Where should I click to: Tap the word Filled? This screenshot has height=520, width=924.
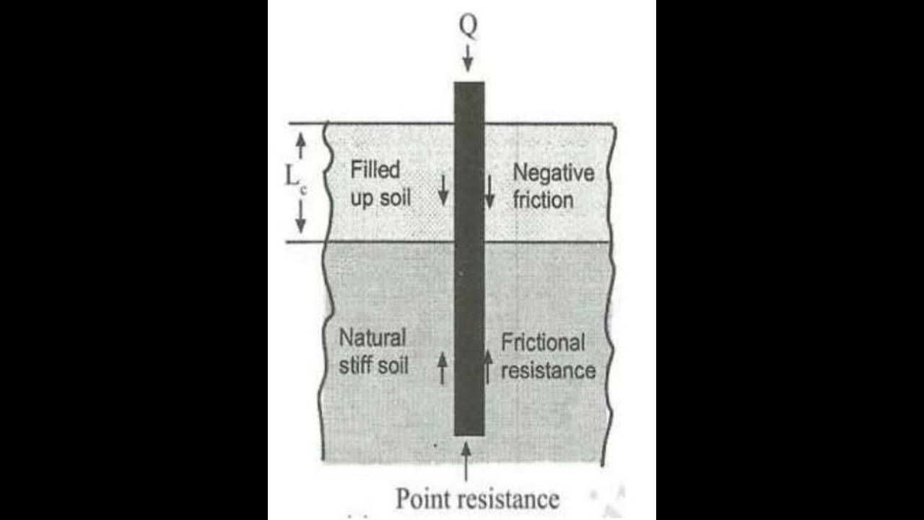tap(375, 170)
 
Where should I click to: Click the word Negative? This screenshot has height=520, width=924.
tap(553, 173)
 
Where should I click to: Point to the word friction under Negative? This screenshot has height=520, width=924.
tap(543, 199)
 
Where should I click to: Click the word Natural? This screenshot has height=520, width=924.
tap(372, 337)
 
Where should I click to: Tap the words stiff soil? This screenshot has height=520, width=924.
tap(373, 365)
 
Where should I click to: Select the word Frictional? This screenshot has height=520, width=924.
tap(543, 342)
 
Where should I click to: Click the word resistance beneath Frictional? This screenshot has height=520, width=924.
tap(548, 370)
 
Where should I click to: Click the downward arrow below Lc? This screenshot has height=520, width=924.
tap(301, 214)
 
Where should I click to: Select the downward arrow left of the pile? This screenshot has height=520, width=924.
tap(443, 189)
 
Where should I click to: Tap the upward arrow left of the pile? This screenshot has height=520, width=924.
tap(443, 368)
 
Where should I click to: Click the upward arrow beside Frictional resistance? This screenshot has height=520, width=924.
tap(488, 366)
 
